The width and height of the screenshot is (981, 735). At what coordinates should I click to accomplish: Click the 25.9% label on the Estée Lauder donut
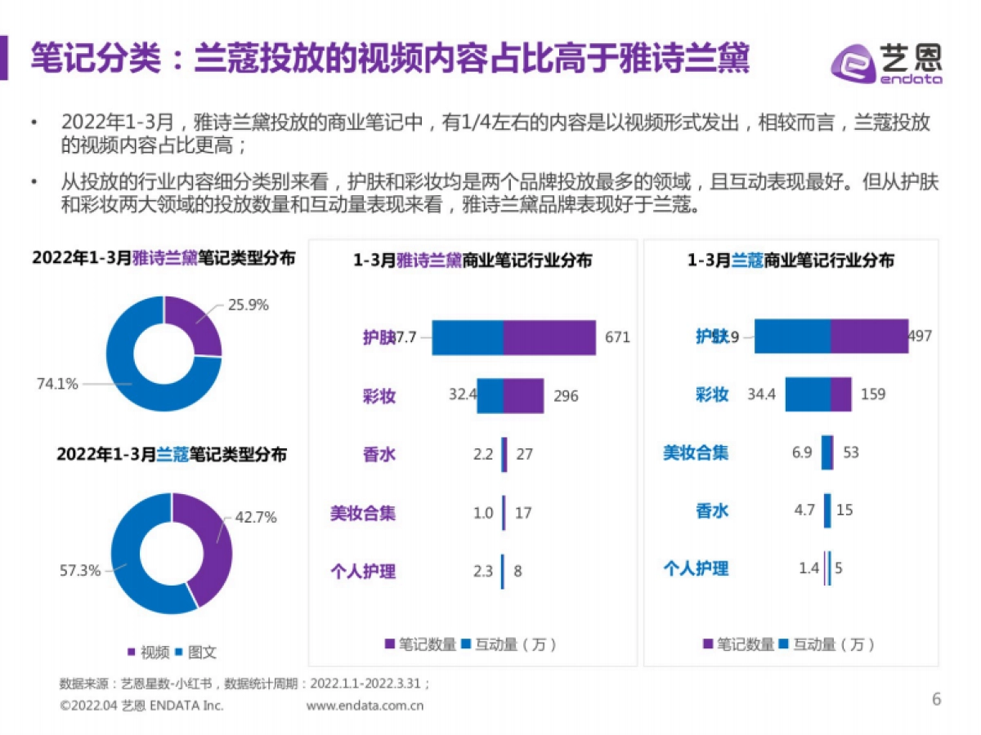pos(249,305)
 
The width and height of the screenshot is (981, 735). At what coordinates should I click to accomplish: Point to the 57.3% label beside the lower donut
pos(80,570)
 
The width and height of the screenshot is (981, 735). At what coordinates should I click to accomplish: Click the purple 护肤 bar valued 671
pos(549,337)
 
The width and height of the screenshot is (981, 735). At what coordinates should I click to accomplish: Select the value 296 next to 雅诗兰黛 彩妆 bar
pos(565,396)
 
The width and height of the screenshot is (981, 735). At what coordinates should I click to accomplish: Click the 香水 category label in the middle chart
pos(379,455)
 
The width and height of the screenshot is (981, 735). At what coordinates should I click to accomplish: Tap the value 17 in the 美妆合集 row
pos(523,514)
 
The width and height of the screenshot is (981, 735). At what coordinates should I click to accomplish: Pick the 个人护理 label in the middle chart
pos(363,571)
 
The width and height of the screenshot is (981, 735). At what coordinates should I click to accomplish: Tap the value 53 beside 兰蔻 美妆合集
pos(851,452)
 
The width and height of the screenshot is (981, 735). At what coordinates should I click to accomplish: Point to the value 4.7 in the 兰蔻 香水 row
pos(804,510)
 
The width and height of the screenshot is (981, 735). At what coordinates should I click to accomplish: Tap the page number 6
pos(937,699)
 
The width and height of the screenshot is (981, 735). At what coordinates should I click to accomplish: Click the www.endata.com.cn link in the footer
pos(365,706)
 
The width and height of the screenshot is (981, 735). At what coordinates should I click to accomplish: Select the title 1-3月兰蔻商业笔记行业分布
pos(790,261)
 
